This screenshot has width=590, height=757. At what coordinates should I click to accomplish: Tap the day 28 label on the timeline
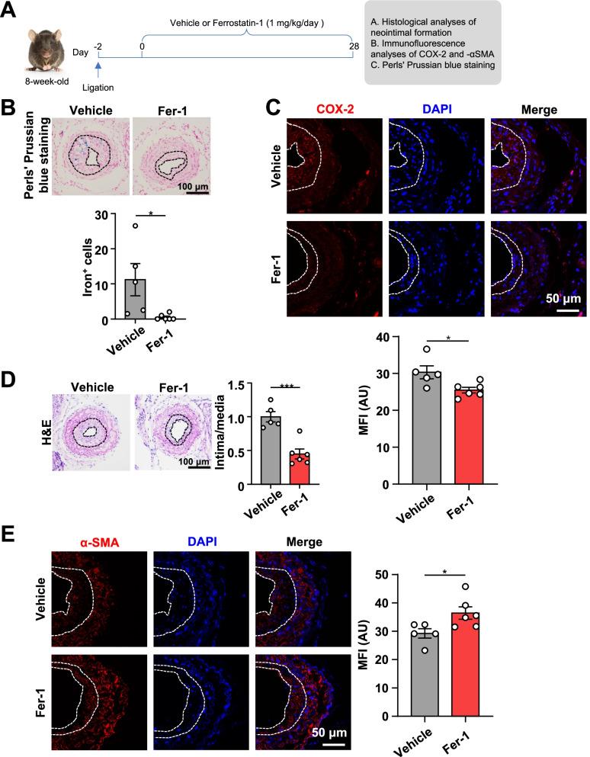point(351,47)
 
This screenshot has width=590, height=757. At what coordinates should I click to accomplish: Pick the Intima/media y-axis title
point(223,433)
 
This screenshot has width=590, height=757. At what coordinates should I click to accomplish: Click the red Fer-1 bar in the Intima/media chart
point(297,466)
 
